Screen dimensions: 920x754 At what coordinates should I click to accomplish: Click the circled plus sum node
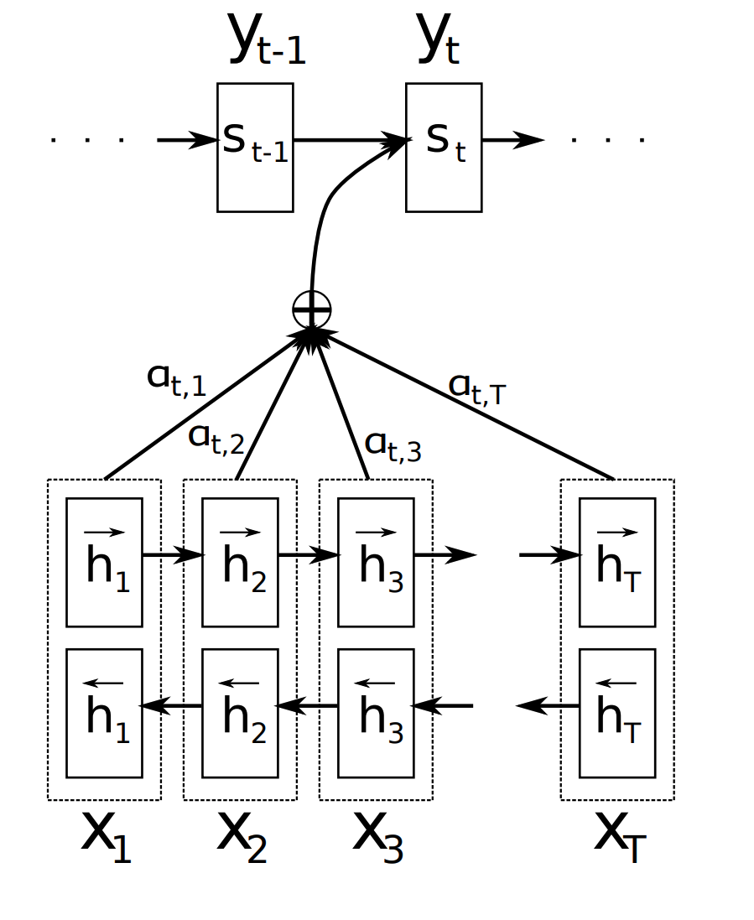coord(312,309)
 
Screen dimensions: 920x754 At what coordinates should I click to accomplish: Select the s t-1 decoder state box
coord(255,147)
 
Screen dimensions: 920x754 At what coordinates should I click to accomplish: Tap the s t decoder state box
coord(444,147)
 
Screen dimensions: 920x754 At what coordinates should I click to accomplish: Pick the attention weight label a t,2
coord(216,438)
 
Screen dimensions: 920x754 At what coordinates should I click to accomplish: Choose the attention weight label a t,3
coord(393,446)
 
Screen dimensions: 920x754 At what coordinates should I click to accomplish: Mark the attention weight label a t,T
coord(476,387)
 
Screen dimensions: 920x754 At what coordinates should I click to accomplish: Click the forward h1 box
coord(104,562)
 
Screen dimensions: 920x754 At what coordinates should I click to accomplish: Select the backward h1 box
coord(104,713)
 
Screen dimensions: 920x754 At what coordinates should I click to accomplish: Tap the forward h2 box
coord(240,562)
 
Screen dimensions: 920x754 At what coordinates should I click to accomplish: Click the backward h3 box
coord(376,713)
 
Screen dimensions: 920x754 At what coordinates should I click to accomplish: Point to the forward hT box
coord(617,562)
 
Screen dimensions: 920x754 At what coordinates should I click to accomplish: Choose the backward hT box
coord(617,713)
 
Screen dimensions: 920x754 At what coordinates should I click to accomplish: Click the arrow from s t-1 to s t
coord(349,139)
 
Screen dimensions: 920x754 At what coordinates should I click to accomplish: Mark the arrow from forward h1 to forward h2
coord(173,554)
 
